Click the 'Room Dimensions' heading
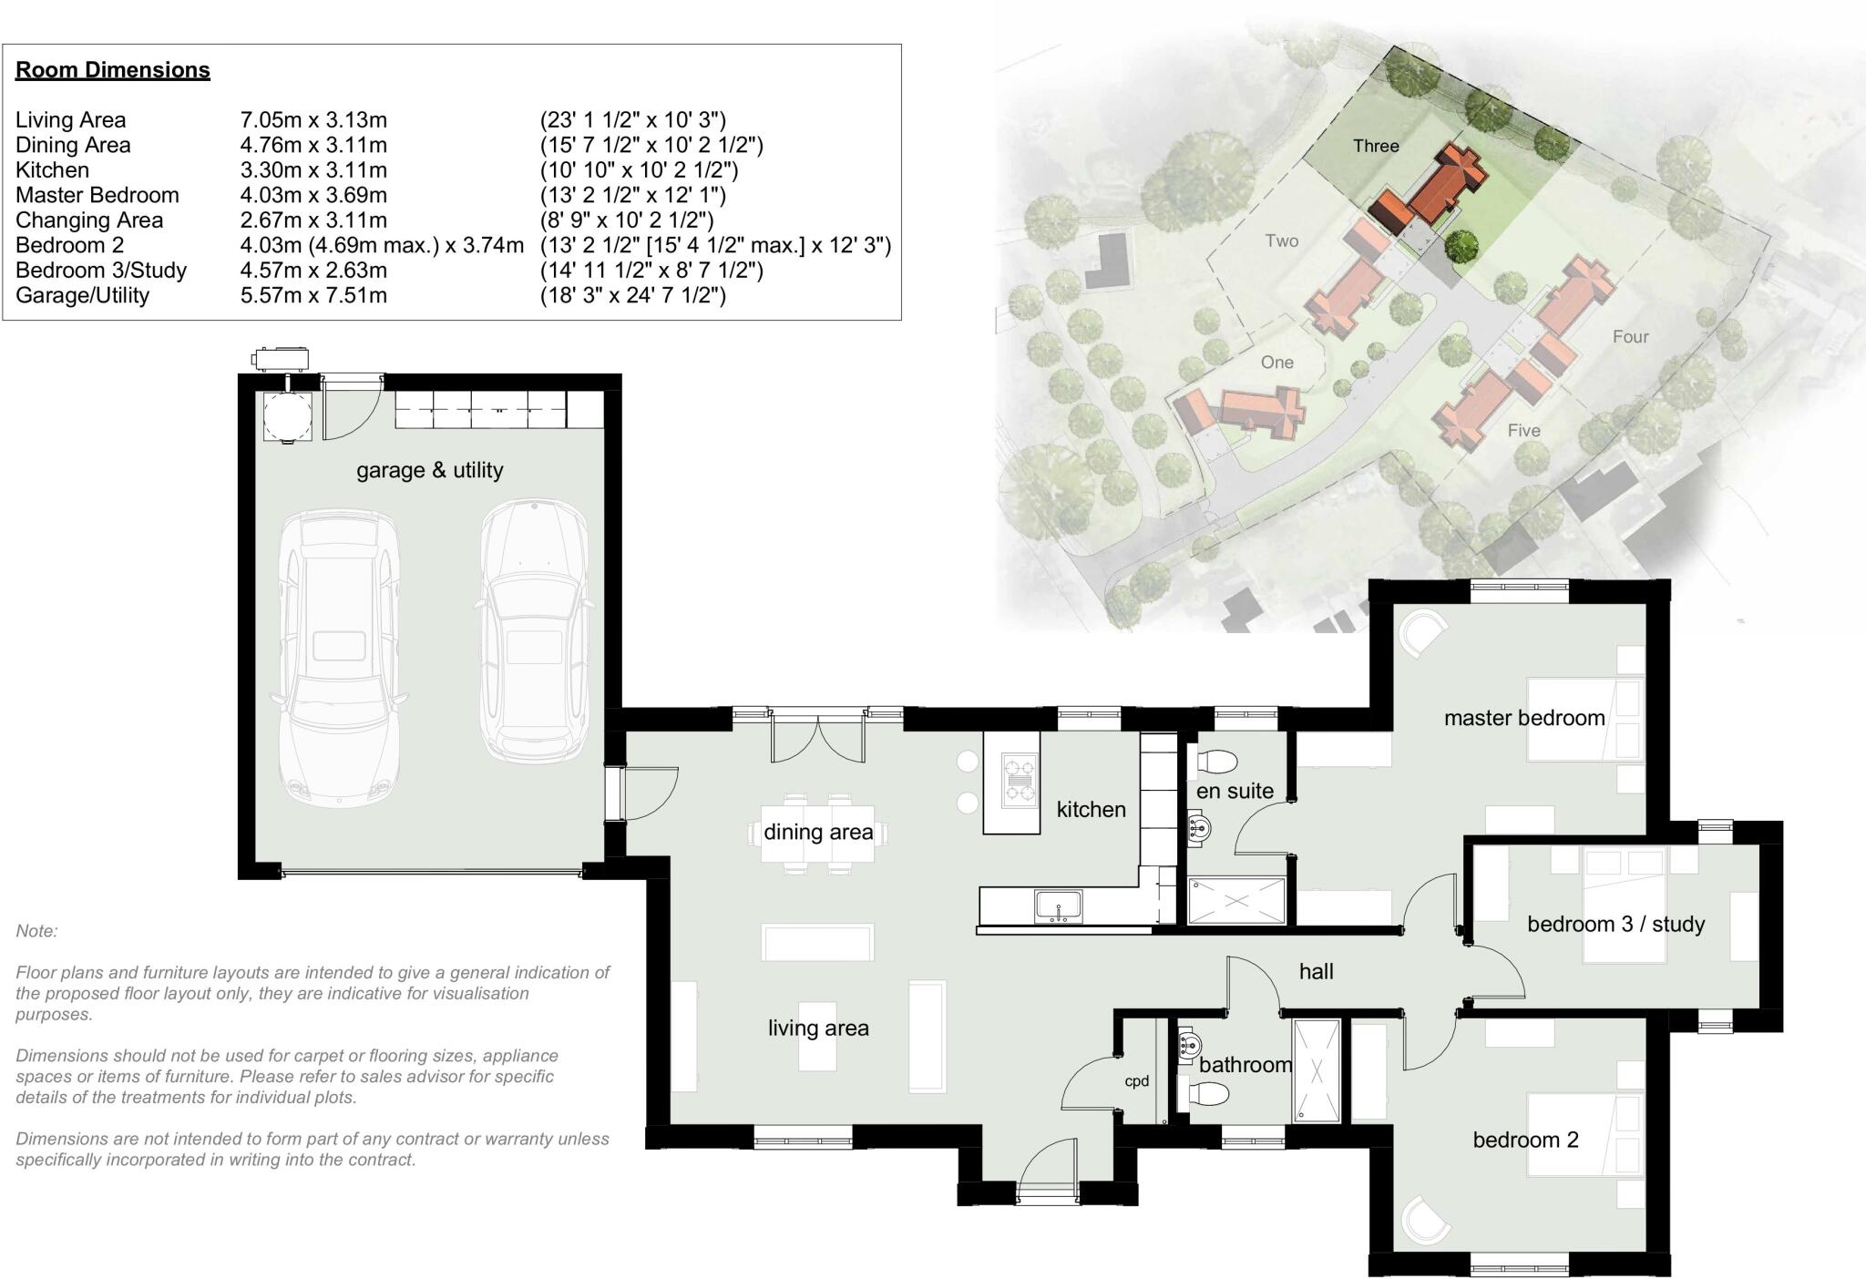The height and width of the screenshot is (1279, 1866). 113,70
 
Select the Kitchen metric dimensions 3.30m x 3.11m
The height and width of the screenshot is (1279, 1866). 313,170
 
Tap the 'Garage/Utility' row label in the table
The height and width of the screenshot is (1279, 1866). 82,295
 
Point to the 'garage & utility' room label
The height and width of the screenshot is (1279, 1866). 429,470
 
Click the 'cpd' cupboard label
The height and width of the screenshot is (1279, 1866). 1136,1081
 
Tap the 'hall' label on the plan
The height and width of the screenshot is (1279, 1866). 1316,972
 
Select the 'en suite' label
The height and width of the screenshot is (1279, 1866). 1235,792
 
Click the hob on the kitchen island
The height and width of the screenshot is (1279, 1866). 1020,780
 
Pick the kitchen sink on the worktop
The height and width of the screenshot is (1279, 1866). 1058,906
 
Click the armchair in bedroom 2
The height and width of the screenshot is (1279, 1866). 1425,1220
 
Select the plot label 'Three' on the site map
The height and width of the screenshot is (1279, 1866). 1375,146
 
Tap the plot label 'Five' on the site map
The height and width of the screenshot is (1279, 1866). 1523,431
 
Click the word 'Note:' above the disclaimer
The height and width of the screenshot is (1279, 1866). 36,931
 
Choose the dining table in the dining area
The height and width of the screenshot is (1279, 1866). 817,833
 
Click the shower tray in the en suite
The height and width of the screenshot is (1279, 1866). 1237,900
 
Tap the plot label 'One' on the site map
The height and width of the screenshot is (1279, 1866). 1276,363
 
